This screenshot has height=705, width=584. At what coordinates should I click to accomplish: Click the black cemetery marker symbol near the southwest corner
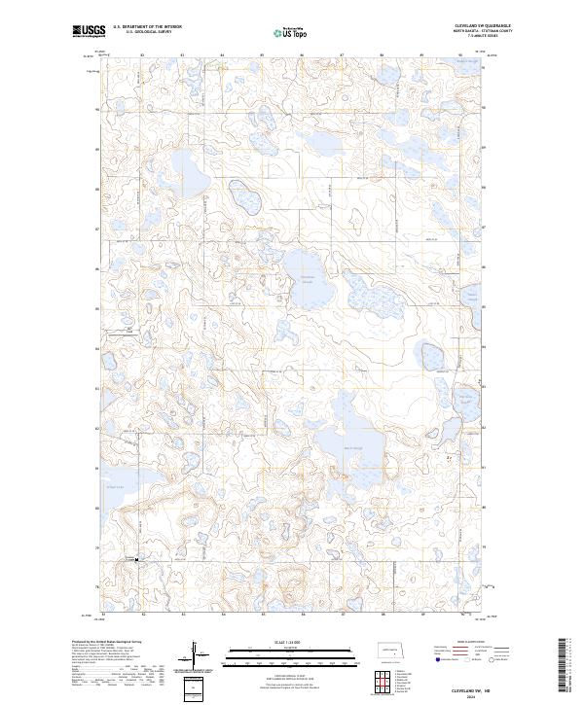[136, 559]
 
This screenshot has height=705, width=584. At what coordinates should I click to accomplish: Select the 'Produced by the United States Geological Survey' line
[107, 642]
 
